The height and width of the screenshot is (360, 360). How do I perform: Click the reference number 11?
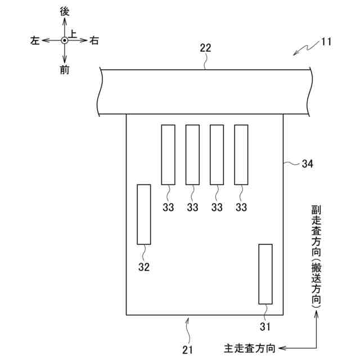coord(327,42)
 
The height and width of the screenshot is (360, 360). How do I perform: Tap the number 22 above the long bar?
coord(206,48)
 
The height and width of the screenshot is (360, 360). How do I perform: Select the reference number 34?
coord(307,164)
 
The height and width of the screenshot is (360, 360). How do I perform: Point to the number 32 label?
coord(144,267)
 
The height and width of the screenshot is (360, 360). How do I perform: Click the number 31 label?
coord(265,326)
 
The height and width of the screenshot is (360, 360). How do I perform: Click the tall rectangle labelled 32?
coord(144,214)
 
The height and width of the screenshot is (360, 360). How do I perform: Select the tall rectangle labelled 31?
coord(265,274)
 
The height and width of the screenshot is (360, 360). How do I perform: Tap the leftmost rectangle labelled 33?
coord(168,155)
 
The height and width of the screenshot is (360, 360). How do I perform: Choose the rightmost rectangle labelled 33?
coord(241,155)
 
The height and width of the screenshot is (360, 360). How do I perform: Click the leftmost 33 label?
coord(168,208)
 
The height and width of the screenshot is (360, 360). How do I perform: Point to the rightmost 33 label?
coord(241,208)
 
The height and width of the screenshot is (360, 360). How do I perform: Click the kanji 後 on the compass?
coord(65,12)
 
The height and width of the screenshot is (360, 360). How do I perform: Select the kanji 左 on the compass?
coord(35,40)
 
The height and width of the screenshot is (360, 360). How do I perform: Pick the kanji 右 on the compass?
coord(94,40)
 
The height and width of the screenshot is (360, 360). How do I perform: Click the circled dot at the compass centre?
coord(65,40)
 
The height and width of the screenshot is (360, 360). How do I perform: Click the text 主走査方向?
coord(250,349)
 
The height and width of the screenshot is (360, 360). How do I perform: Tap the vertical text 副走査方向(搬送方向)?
coord(316,256)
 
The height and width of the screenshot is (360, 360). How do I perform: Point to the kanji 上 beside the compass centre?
coord(73,34)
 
